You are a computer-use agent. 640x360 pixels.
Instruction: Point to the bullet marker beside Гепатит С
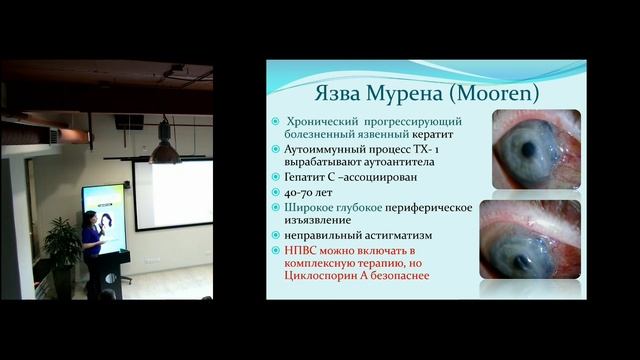[274, 177]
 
